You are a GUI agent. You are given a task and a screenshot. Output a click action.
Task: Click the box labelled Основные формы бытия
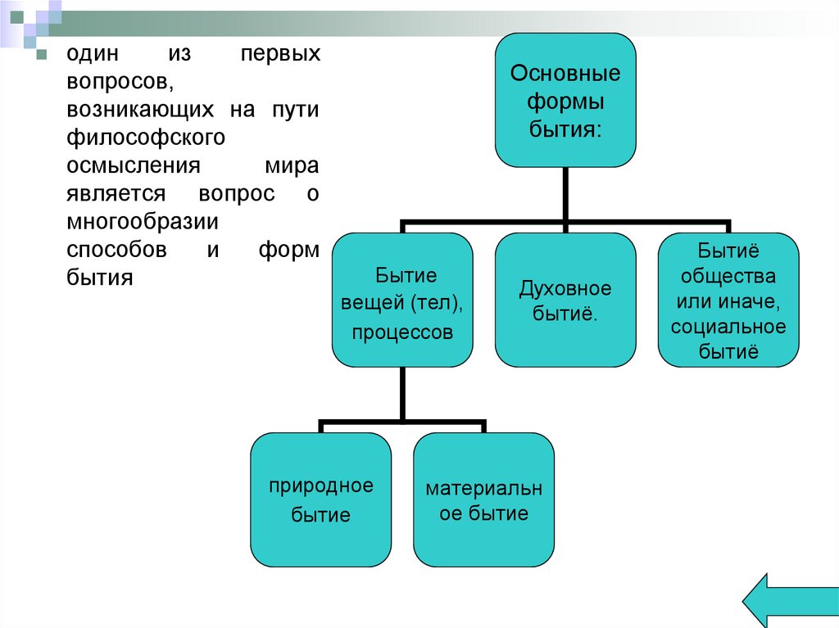565,100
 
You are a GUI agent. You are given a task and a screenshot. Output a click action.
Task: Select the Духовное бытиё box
565,300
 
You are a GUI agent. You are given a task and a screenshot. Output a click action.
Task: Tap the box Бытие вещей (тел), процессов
401,300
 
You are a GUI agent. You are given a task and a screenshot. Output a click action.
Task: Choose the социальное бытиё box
728,300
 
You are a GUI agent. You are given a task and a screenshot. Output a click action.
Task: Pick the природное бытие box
320,499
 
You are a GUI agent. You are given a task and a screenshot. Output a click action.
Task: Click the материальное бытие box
483,499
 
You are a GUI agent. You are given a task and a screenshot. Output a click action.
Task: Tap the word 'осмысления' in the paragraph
134,165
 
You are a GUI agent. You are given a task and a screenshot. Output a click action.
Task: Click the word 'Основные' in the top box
565,74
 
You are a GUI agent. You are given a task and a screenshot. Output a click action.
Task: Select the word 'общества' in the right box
728,274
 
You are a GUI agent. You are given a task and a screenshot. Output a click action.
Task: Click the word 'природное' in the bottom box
320,486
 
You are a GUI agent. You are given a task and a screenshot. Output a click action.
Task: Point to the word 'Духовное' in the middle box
565,288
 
